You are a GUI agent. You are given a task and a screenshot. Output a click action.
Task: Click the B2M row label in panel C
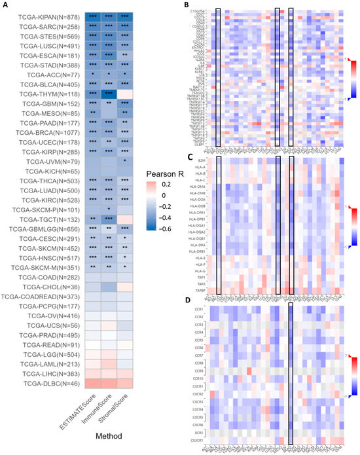click(x=204, y=159)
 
